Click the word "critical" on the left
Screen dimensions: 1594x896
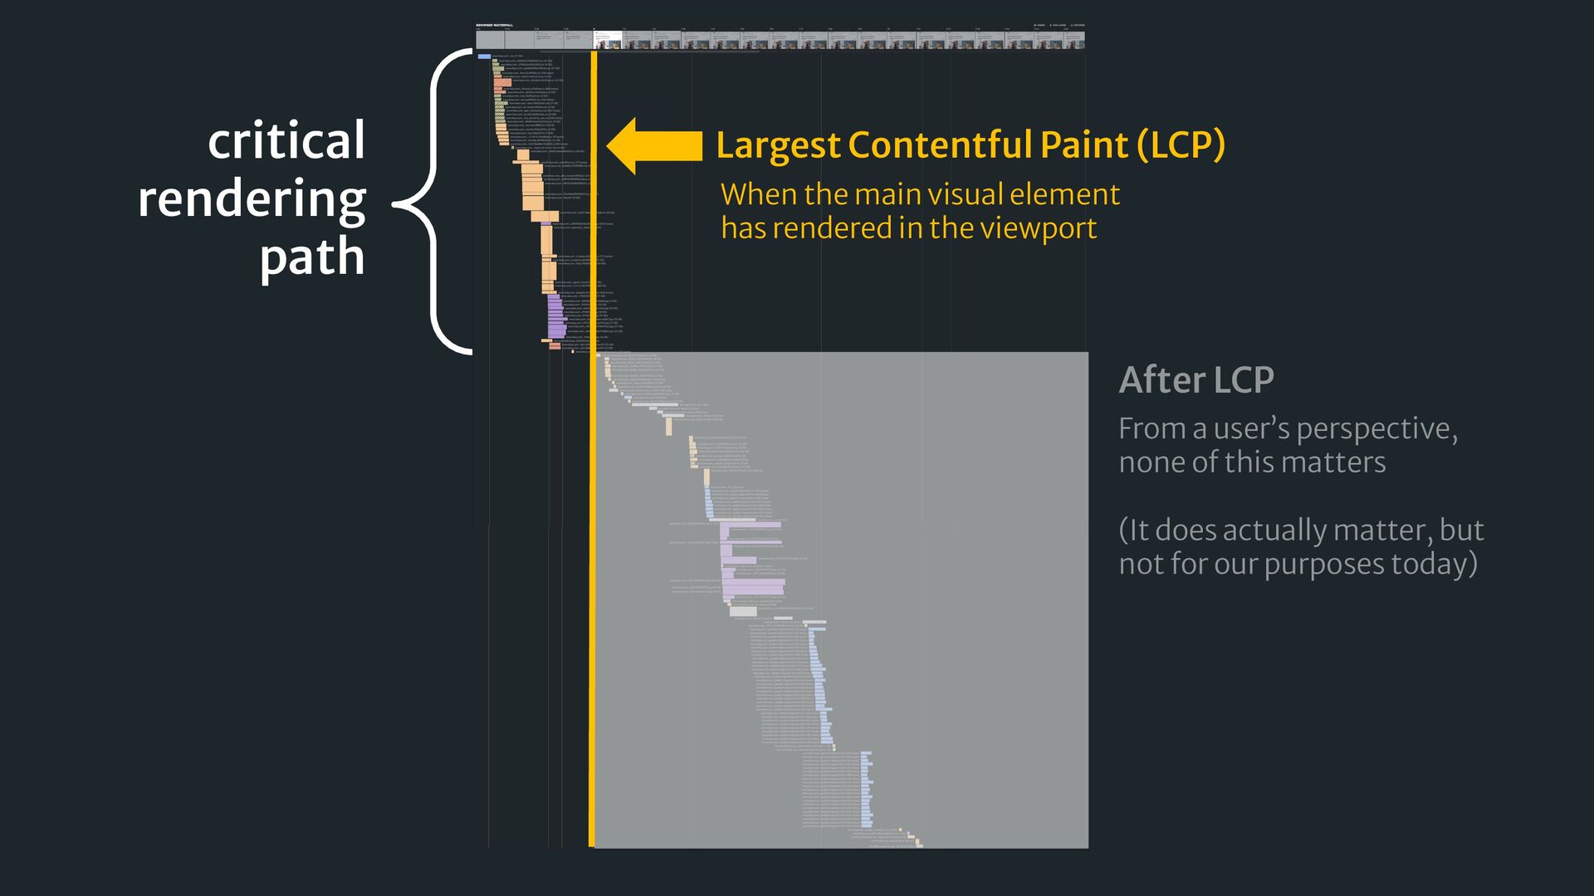[286, 141]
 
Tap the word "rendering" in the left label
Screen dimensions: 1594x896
[252, 200]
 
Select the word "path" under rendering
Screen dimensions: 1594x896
[312, 257]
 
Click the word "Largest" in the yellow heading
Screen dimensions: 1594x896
[778, 145]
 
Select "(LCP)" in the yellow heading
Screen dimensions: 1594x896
[1181, 145]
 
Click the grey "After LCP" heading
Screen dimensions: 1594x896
[1196, 380]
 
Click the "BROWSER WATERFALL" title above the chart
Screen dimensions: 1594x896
[495, 25]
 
